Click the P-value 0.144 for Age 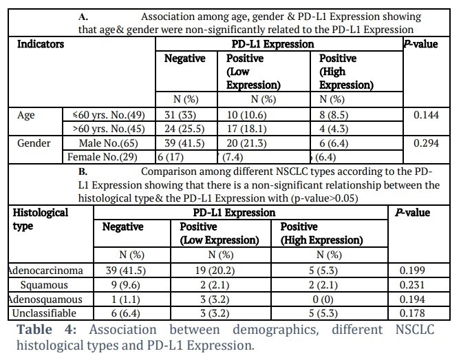click(x=426, y=115)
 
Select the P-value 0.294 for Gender click(x=426, y=143)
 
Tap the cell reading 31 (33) click(x=180, y=115)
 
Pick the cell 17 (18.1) click(x=247, y=129)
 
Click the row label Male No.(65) click(x=109, y=143)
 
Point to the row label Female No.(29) click(x=103, y=157)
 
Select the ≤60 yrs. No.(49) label click(x=109, y=115)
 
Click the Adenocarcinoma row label click(x=45, y=271)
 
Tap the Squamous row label click(x=44, y=285)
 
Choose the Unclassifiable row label click(x=44, y=313)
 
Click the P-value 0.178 click(x=412, y=313)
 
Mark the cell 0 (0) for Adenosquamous click(x=323, y=299)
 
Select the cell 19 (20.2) click(x=215, y=271)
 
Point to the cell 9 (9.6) click(x=125, y=285)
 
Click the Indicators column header click(x=41, y=44)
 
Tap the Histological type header click(x=41, y=220)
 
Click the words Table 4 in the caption click(x=47, y=330)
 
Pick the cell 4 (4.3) click(x=334, y=129)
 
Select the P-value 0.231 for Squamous click(x=412, y=285)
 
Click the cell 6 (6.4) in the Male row click(x=334, y=143)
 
